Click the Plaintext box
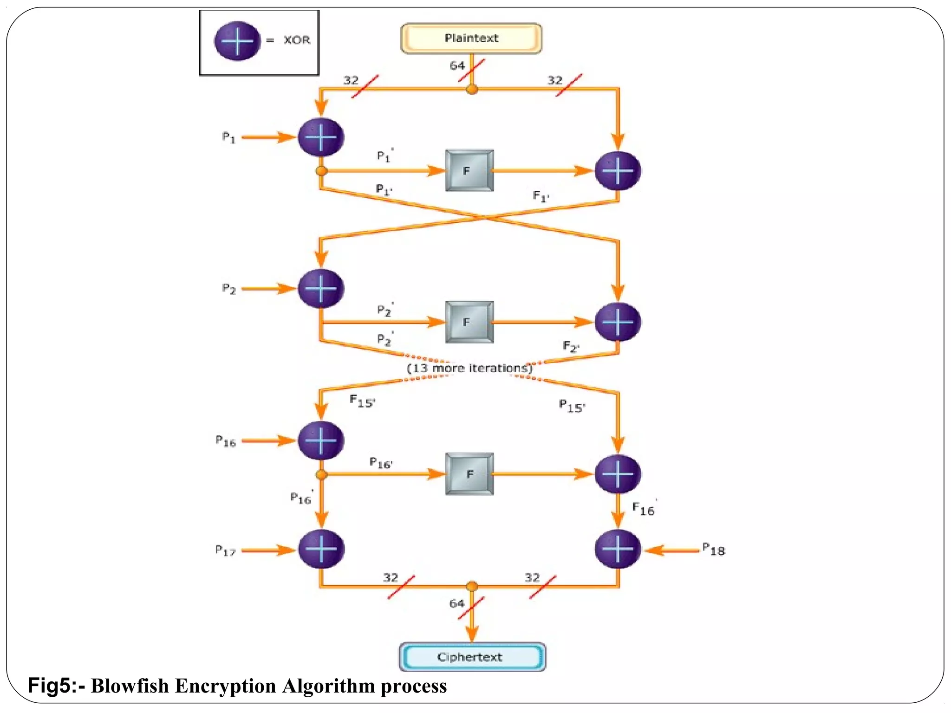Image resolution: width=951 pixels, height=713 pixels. click(471, 39)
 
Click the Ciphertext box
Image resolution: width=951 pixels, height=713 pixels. click(472, 656)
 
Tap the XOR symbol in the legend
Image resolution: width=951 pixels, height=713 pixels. click(237, 41)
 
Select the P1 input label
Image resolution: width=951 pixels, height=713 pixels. click(228, 137)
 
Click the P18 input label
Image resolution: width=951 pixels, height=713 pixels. click(714, 550)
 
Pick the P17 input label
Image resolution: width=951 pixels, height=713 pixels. click(226, 551)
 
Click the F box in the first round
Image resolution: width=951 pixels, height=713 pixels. click(469, 170)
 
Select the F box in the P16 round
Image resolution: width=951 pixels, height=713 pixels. click(469, 474)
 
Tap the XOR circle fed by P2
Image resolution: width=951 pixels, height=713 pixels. click(320, 288)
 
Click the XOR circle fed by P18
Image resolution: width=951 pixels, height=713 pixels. click(618, 549)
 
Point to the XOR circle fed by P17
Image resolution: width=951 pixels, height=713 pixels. click(321, 549)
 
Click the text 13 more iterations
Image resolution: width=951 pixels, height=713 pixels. click(469, 368)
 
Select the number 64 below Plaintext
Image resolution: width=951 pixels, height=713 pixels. click(456, 66)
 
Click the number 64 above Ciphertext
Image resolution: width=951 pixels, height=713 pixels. click(456, 603)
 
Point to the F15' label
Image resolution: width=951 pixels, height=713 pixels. click(362, 401)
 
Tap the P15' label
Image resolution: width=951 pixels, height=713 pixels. click(572, 406)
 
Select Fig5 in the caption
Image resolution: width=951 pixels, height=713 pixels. click(49, 686)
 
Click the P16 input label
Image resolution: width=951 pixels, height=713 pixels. click(226, 441)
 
